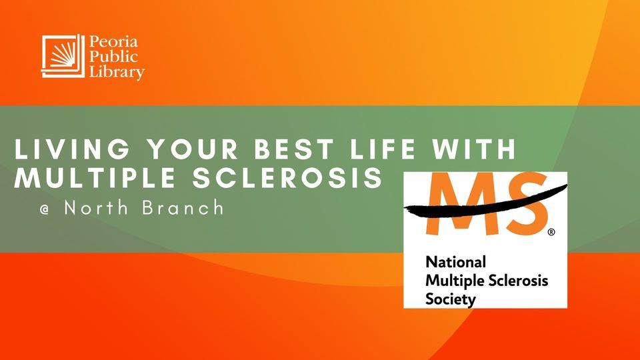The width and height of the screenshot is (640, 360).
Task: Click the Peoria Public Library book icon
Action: tap(63, 56)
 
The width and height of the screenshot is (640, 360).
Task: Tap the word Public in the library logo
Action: tap(113, 57)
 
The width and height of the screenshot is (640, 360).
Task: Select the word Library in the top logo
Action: tap(117, 72)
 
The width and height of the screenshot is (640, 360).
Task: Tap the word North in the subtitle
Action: tap(96, 208)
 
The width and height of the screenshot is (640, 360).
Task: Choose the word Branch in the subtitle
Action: tap(183, 208)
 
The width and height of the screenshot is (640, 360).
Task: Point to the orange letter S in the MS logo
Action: tap(527, 204)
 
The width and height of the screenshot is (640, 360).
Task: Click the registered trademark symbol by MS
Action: tap(551, 232)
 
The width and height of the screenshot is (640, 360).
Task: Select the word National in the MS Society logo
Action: tap(455, 261)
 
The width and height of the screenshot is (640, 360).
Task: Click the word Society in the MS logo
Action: tap(451, 299)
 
